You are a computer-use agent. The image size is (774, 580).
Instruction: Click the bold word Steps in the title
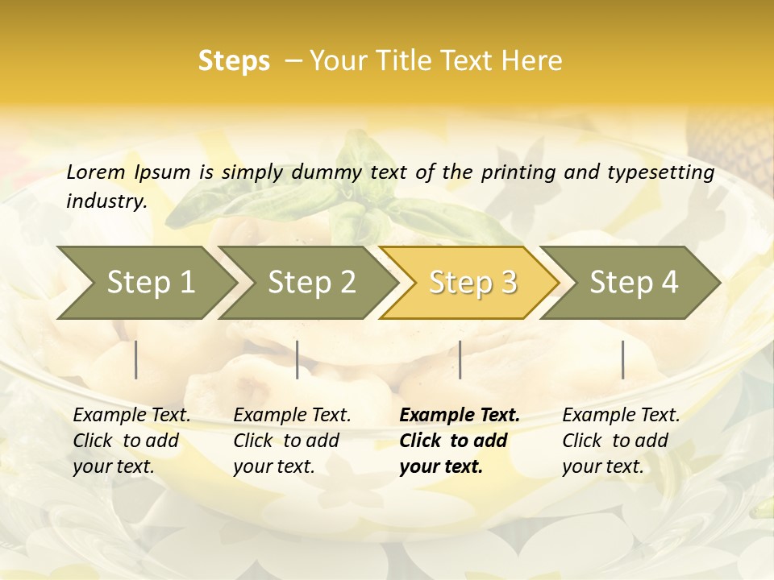tap(234, 61)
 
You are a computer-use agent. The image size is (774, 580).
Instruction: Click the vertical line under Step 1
tap(136, 359)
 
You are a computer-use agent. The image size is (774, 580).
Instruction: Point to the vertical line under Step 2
tap(298, 359)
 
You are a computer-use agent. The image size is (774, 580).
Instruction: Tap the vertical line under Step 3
tap(460, 359)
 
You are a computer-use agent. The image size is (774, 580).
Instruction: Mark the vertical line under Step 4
tap(622, 359)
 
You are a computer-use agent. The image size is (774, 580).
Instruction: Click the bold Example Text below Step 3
tap(460, 415)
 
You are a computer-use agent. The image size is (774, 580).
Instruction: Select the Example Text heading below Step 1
tap(131, 415)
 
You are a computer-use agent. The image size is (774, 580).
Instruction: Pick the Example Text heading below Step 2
tap(292, 415)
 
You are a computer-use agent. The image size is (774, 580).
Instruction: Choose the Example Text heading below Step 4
tap(621, 415)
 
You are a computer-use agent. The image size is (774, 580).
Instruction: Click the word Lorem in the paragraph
tap(96, 172)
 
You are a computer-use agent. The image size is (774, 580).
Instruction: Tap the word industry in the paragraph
tap(106, 201)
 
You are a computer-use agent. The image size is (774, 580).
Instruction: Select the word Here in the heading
tap(532, 61)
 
